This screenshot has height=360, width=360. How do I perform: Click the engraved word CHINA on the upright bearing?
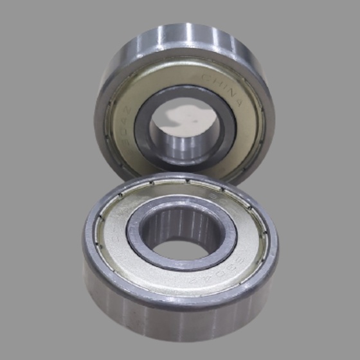[222, 89]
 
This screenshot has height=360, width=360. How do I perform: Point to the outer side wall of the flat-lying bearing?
[180, 321]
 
